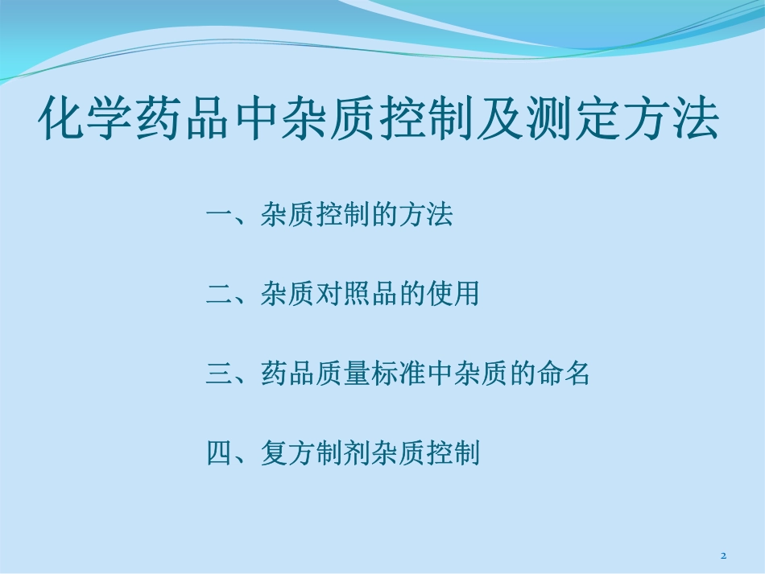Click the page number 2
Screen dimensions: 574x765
tap(723, 556)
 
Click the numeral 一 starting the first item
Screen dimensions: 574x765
tap(219, 216)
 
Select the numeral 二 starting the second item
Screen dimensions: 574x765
tap(219, 295)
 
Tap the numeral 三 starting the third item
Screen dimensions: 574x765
tap(219, 374)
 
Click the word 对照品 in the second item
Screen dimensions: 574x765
tap(356, 295)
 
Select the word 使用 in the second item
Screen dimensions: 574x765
tap(453, 295)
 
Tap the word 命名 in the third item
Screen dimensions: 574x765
tap(562, 374)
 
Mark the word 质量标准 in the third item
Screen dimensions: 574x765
tap(370, 374)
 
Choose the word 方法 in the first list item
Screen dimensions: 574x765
tap(425, 216)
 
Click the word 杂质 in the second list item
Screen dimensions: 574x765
tap(287, 295)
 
